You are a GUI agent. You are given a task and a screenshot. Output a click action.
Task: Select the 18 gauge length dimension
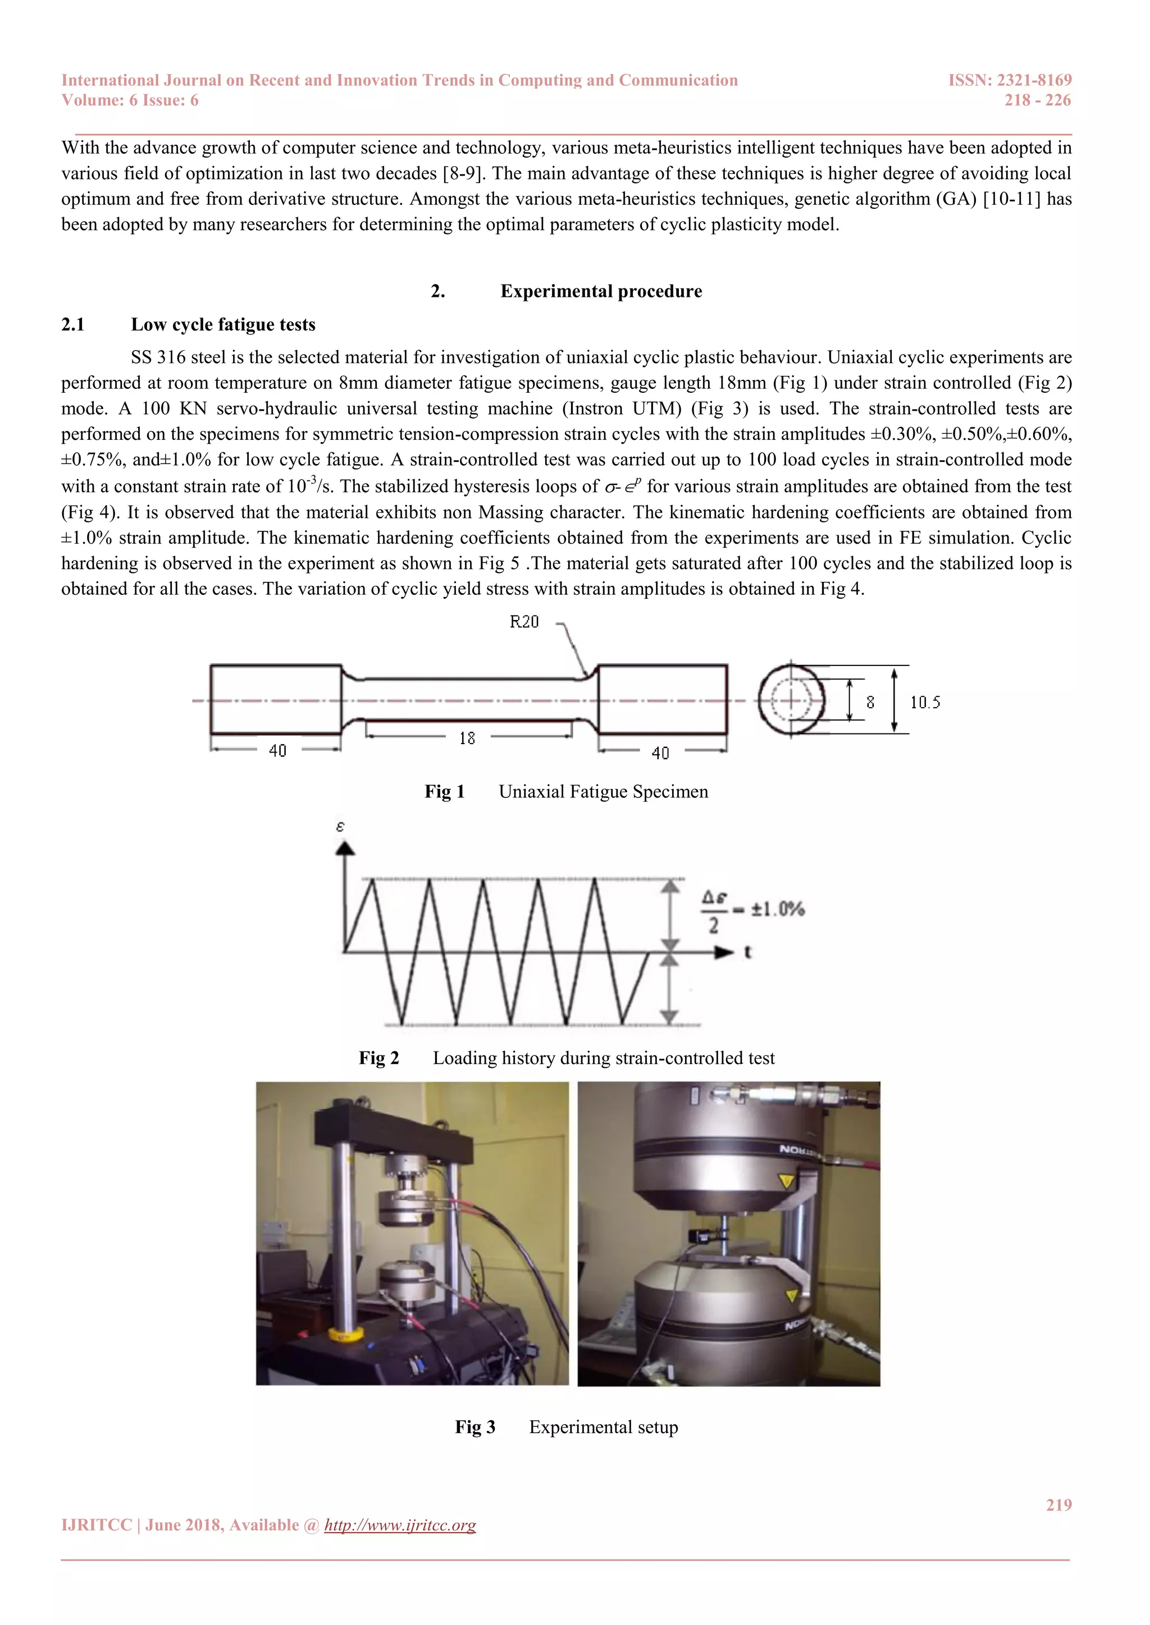[467, 738]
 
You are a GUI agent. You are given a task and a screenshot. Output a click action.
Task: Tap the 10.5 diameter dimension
[925, 702]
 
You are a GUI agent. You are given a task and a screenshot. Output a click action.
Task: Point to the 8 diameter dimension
[870, 702]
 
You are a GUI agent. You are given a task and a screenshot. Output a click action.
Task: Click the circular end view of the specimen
[791, 700]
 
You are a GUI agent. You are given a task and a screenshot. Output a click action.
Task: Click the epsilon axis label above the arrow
[340, 826]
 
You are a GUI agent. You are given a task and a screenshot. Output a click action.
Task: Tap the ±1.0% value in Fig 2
[778, 909]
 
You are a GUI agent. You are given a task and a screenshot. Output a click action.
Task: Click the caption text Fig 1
[444, 791]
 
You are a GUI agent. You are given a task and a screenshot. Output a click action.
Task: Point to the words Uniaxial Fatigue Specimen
[603, 791]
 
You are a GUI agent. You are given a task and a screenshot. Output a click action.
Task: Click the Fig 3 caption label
[474, 1427]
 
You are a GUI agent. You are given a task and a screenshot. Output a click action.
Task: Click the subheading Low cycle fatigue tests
[223, 324]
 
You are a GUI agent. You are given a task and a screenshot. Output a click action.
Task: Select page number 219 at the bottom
[1058, 1505]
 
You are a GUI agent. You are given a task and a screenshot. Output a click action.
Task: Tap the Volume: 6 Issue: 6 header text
[130, 100]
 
